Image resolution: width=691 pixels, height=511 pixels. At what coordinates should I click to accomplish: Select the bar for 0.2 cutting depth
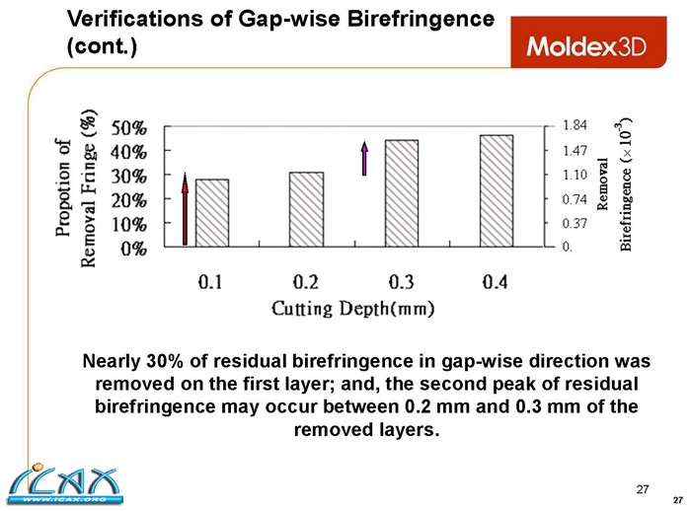click(x=307, y=209)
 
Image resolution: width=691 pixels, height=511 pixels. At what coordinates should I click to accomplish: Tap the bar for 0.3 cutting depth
click(x=402, y=193)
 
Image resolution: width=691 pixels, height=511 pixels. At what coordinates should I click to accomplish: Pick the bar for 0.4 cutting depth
click(x=497, y=190)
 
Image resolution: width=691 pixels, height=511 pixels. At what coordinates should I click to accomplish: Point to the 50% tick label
click(x=130, y=128)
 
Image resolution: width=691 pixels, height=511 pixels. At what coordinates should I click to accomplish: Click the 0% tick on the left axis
click(x=134, y=248)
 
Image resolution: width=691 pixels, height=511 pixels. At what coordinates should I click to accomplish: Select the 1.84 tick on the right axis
click(x=575, y=125)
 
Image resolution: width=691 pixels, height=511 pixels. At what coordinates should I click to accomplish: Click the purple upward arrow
click(x=364, y=158)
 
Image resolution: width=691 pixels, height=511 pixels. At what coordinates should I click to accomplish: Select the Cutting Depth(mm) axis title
click(x=353, y=309)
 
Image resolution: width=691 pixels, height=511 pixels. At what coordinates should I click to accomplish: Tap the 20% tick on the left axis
click(x=130, y=200)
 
